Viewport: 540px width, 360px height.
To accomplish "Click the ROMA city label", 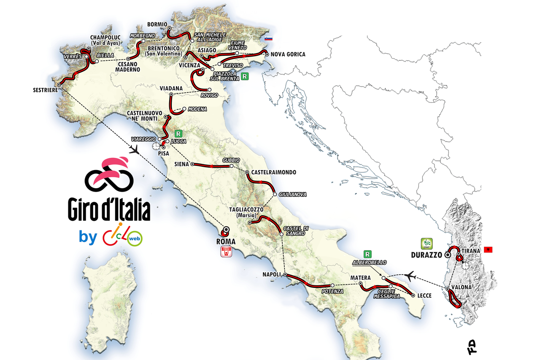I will coord(225,242).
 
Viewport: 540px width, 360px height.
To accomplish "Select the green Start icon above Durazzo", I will coord(426,244).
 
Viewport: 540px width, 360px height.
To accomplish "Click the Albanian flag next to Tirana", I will coord(489,250).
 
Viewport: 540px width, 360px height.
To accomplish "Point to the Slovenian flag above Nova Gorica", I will coord(268,39).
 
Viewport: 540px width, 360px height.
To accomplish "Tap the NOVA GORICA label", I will coord(288,54).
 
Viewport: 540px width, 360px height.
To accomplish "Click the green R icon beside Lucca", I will coord(178,133).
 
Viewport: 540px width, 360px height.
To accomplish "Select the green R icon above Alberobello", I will coord(368,254).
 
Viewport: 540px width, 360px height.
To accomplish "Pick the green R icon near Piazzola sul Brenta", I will coord(245,77).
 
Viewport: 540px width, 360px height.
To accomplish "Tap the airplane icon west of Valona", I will coord(409,276).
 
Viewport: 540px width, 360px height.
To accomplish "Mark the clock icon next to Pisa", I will coord(156,146).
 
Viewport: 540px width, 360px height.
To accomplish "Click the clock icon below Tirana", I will coord(465,265).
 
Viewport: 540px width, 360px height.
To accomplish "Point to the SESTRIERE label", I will coord(45,89).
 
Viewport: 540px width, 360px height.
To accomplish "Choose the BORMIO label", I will coord(157,24).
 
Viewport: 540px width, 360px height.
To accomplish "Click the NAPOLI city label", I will coord(272,274).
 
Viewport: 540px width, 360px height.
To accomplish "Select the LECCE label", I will coord(424,295).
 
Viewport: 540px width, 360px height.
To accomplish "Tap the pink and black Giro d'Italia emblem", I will coord(109,174).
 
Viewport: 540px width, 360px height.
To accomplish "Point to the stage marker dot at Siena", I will coord(192,164).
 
